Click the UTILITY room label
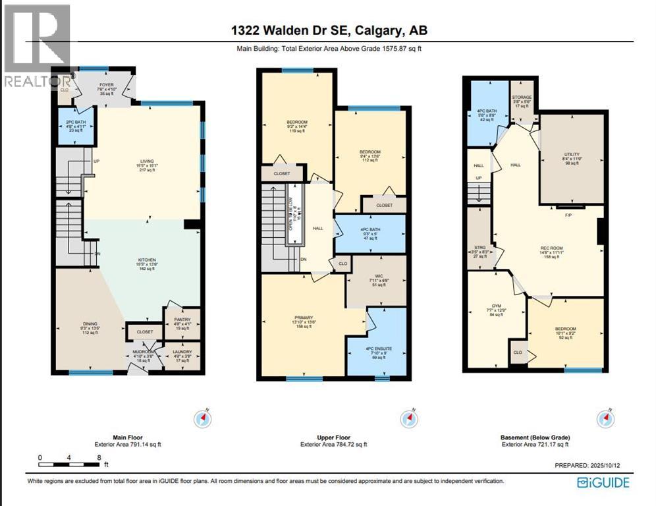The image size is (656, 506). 571,158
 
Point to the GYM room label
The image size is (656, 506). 494,310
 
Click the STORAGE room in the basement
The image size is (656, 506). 522,101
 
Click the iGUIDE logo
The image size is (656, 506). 603,483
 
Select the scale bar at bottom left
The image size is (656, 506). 69,457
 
